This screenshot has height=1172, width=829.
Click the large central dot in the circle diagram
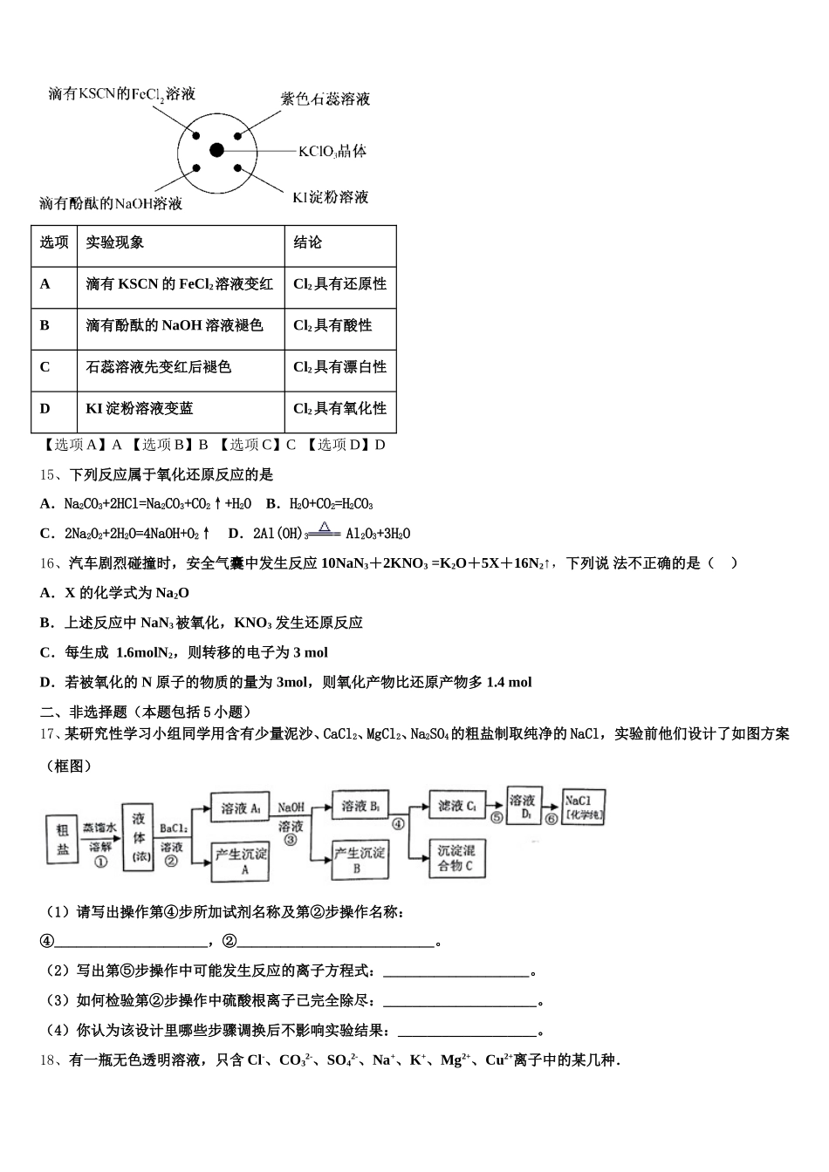tap(217, 151)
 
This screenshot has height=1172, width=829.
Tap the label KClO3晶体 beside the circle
tap(332, 152)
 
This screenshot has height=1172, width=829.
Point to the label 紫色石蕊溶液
tap(325, 99)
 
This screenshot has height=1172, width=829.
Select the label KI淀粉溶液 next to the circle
tap(330, 197)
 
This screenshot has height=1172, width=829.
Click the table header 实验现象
tap(115, 242)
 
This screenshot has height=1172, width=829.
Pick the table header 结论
tap(307, 242)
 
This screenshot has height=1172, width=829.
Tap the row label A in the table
tap(45, 284)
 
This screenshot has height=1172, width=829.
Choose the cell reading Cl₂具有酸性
tap(332, 325)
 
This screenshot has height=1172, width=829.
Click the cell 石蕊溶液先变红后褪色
tap(158, 367)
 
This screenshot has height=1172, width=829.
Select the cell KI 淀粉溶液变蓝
tap(140, 408)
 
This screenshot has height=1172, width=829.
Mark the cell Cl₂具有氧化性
tap(339, 408)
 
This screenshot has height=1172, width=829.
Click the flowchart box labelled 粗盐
tap(63, 840)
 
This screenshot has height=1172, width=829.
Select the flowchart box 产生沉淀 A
tap(241, 861)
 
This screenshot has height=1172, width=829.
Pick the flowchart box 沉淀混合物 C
tap(456, 858)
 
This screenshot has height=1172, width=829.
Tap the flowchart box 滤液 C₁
tap(456, 807)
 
